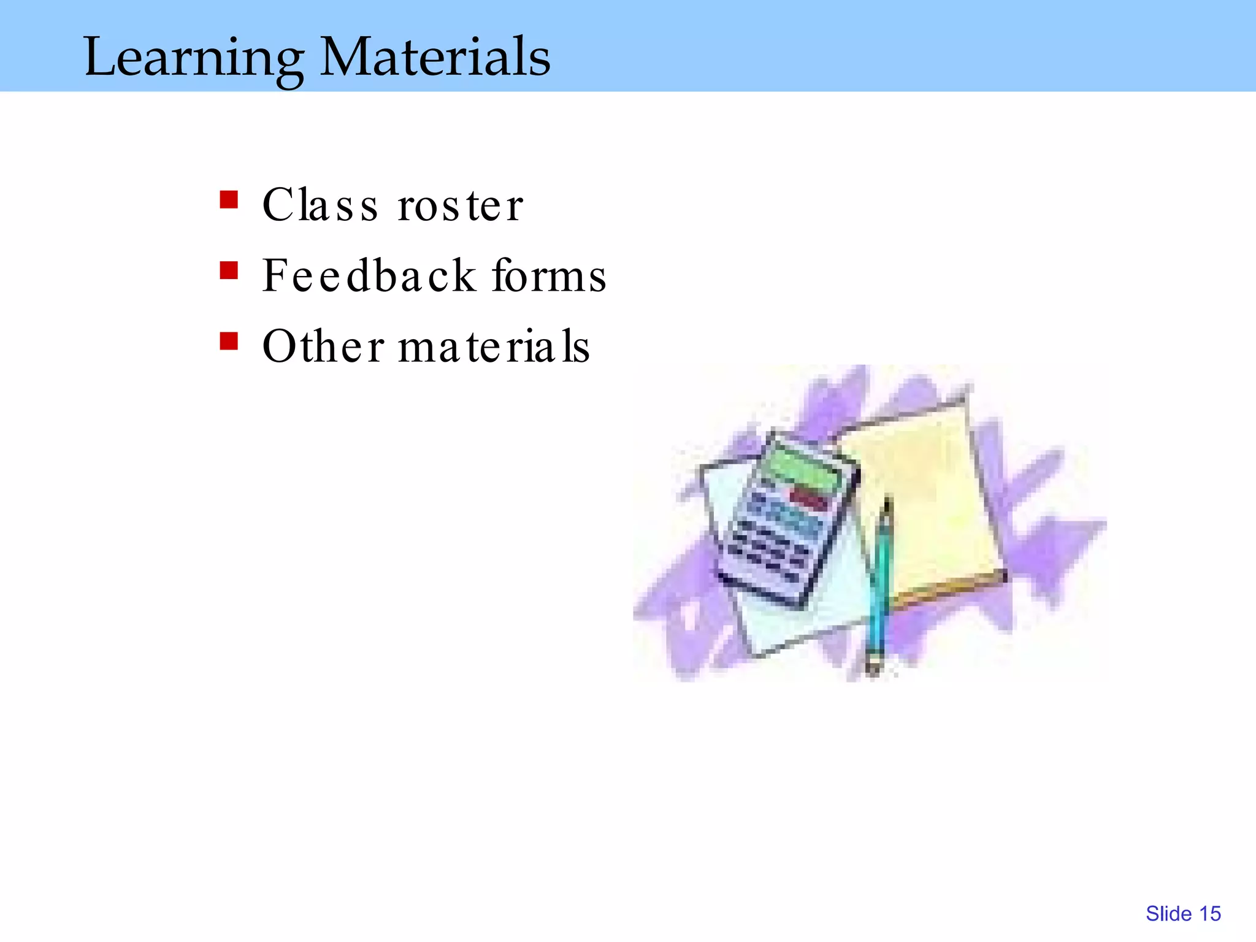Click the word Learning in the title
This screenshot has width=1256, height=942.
[193, 58]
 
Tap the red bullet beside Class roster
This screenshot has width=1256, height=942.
[229, 200]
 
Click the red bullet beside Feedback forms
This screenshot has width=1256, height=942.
[229, 270]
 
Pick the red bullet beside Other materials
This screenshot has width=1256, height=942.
[229, 341]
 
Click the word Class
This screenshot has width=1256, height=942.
[320, 205]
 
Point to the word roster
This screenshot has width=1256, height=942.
[460, 206]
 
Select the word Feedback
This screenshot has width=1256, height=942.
[369, 275]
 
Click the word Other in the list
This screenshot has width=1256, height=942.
[323, 346]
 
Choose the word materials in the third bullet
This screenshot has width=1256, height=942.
[494, 347]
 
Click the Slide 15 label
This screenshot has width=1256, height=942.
[1182, 914]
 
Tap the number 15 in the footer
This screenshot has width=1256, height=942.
[1209, 914]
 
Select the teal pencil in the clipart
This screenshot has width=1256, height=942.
[881, 583]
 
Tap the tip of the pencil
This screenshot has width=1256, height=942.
[873, 668]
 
